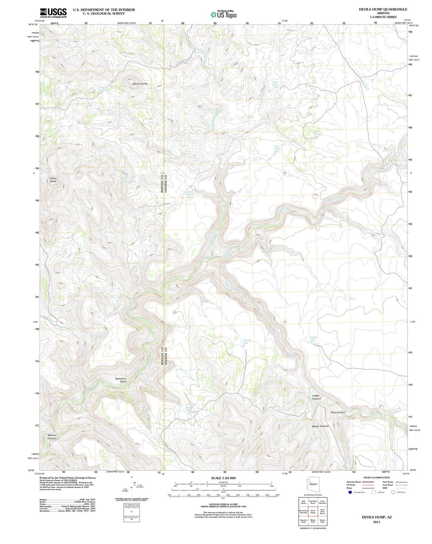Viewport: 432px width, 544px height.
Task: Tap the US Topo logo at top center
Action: (223, 15)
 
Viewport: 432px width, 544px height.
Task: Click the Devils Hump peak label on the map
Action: (140, 84)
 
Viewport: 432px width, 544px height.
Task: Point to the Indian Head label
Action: (53, 180)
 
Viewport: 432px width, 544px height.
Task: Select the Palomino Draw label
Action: (121, 380)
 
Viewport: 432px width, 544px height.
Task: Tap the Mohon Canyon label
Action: (52, 437)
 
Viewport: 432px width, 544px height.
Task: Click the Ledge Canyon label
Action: (317, 397)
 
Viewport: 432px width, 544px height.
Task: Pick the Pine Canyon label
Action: (338, 412)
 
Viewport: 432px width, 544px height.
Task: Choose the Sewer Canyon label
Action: (320, 426)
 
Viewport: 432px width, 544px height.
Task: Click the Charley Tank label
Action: (247, 342)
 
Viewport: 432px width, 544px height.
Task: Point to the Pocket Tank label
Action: (313, 338)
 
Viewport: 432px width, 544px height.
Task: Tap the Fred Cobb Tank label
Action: (277, 149)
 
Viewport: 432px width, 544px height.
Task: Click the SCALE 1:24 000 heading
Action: (223, 478)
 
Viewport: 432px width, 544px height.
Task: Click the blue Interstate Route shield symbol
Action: (350, 492)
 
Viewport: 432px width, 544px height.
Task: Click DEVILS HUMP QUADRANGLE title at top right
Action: (383, 10)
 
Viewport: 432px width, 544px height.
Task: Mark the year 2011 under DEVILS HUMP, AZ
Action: (376, 522)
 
